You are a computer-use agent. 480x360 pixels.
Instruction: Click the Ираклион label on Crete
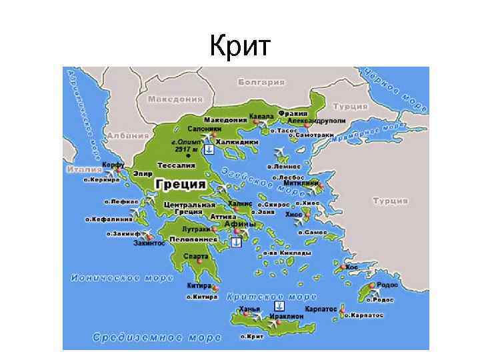(287, 315)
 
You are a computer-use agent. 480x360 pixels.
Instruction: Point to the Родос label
(387, 283)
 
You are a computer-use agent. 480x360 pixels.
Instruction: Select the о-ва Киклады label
(287, 253)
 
